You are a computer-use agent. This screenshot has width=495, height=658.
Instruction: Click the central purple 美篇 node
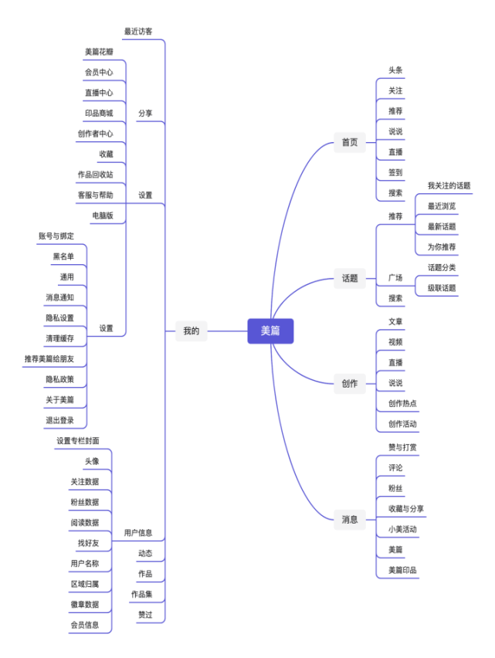point(270,331)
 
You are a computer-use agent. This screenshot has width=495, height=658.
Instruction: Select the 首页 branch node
point(350,142)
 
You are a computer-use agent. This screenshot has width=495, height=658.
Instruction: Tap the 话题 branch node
point(350,278)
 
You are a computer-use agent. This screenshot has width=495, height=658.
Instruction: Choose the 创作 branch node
point(350,383)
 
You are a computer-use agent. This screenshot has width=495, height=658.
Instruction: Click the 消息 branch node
point(350,519)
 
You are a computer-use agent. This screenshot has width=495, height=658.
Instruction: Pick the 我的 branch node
point(192,331)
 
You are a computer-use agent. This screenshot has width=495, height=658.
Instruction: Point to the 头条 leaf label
point(395,70)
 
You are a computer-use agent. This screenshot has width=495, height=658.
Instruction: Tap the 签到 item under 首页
point(395,172)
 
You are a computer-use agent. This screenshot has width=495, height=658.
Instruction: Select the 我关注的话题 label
point(449,185)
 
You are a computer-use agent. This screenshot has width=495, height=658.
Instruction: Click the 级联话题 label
point(442,288)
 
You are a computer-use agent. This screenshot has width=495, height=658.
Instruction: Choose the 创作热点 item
point(402,403)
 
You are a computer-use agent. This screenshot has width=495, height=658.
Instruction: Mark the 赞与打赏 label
point(402,447)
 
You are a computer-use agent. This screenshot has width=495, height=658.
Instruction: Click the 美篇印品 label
point(402,570)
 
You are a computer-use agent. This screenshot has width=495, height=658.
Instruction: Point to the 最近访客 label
point(138,32)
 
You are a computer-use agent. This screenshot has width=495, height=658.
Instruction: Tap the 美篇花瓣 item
point(99,52)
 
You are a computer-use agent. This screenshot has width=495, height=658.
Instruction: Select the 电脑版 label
point(103,215)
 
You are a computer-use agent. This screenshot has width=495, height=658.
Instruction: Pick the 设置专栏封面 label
point(77,441)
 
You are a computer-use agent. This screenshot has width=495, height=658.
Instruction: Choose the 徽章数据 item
point(84,604)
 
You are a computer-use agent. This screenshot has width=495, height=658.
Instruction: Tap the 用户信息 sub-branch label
point(138,533)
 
